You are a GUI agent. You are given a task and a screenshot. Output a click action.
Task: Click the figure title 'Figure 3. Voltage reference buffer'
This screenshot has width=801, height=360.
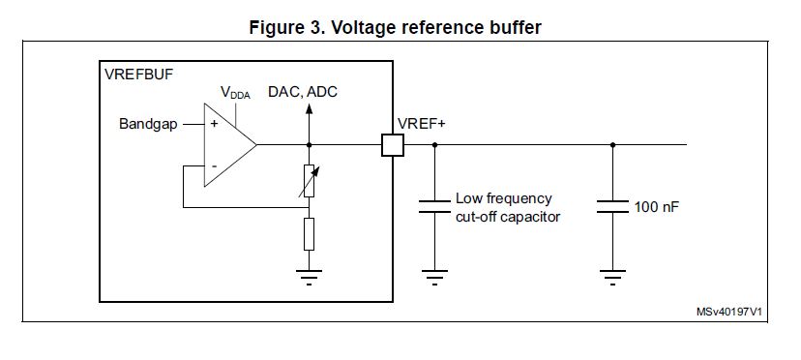pos(401,27)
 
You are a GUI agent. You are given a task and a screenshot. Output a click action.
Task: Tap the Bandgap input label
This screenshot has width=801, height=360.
pos(148,124)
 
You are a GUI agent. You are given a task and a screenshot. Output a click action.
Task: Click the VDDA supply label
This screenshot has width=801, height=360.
pos(234,93)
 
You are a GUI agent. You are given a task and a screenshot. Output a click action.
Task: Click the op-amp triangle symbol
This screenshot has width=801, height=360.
pos(228,145)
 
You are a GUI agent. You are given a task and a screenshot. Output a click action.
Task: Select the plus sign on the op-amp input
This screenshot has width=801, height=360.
pos(214,125)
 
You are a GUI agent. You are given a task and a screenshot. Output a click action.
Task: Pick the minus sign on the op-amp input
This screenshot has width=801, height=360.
pos(214,166)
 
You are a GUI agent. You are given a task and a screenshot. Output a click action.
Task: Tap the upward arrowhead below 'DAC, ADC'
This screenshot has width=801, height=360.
pos(309,109)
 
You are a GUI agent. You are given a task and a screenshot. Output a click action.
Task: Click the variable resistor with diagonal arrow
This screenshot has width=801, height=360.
pos(309,180)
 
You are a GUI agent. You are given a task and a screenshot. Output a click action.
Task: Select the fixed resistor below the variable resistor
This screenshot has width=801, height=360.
pos(309,233)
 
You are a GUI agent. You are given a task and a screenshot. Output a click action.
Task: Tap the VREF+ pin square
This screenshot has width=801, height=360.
pos(392,145)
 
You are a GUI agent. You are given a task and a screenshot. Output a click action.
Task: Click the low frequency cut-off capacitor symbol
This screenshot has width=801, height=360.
pos(434,206)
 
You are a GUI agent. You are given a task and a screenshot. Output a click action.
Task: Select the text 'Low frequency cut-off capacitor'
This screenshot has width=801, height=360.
pos(507,207)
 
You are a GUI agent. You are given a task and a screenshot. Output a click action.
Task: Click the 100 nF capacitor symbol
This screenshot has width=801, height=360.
pos(612,206)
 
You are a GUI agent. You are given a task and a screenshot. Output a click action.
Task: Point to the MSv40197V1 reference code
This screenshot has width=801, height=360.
pos(729,313)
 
